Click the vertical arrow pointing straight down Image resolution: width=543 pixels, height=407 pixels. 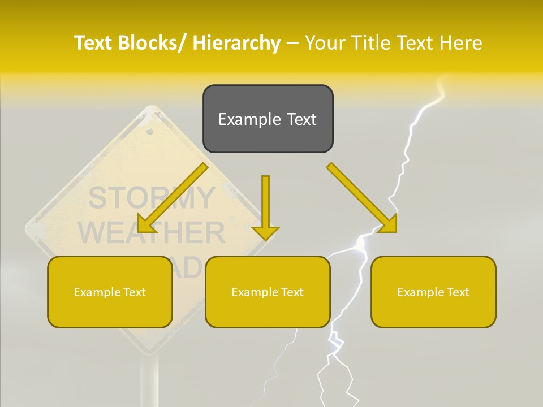(265, 206)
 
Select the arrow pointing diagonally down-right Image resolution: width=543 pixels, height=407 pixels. (362, 198)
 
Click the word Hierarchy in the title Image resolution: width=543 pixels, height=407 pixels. (236, 43)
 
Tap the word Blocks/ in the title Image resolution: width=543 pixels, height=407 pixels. (152, 43)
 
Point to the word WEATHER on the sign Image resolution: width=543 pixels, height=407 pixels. (151, 232)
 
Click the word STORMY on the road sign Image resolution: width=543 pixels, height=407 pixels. (152, 198)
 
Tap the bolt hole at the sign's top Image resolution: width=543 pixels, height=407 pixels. (150, 132)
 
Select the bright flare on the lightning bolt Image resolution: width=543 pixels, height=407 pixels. (360, 243)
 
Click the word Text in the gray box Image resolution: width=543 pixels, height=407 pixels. (299, 119)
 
